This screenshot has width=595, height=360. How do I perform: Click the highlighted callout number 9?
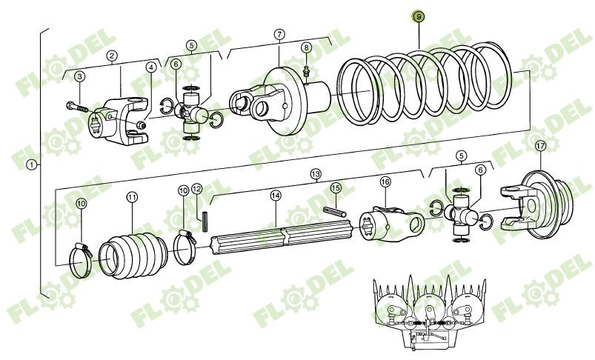tap(419, 16)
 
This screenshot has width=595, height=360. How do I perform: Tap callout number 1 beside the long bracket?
tap(31, 164)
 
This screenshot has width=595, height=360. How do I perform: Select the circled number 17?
tap(539, 145)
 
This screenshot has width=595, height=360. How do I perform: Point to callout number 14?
tap(276, 196)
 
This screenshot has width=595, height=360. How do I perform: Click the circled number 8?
tap(306, 47)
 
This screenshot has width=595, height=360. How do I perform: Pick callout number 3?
tap(80, 76)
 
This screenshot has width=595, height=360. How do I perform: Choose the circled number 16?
tap(385, 182)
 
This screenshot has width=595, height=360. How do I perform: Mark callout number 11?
tap(132, 197)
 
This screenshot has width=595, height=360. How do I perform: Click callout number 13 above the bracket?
tap(316, 175)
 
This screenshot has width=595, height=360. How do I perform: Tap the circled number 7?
tap(279, 34)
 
